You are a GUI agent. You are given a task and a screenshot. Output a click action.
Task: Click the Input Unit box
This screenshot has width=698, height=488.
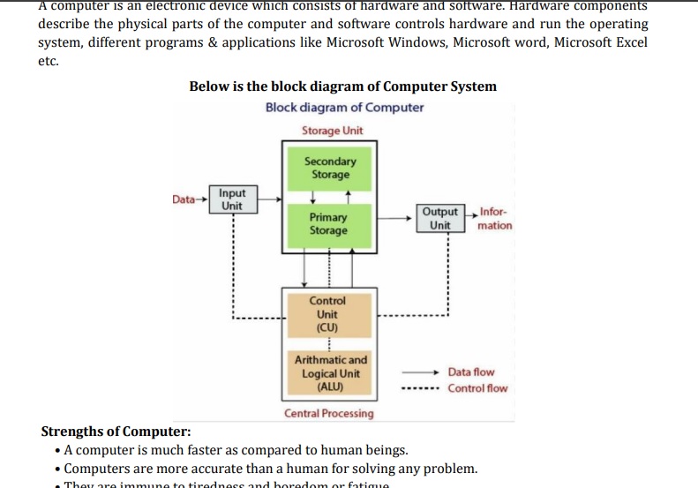tap(232, 199)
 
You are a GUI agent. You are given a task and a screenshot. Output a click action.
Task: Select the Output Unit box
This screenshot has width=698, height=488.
tap(440, 218)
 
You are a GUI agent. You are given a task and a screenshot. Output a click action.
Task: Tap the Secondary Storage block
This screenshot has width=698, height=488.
tap(330, 168)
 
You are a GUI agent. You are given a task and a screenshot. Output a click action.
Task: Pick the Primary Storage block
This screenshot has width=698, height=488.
tap(328, 223)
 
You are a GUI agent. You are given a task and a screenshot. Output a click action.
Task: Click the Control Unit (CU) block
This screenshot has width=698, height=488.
tap(326, 314)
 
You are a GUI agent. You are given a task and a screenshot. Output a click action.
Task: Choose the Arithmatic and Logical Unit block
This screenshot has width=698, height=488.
tap(330, 373)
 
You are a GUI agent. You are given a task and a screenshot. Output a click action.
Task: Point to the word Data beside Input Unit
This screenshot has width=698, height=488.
tap(184, 199)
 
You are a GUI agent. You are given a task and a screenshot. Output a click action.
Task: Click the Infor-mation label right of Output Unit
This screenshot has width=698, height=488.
tap(494, 219)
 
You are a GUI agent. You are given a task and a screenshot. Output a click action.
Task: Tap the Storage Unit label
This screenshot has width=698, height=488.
tap(332, 131)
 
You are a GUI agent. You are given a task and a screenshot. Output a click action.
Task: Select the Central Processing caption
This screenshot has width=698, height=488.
tap(328, 413)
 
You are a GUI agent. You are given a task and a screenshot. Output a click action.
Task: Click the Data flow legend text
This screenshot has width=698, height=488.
tap(471, 372)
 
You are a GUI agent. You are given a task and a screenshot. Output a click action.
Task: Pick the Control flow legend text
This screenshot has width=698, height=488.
tap(477, 388)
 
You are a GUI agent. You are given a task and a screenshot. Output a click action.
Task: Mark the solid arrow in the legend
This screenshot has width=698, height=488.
tap(419, 372)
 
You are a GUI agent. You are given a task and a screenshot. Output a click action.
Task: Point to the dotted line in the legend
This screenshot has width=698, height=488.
tap(419, 388)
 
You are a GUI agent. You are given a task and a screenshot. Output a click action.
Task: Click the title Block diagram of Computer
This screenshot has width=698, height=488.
tap(344, 108)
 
